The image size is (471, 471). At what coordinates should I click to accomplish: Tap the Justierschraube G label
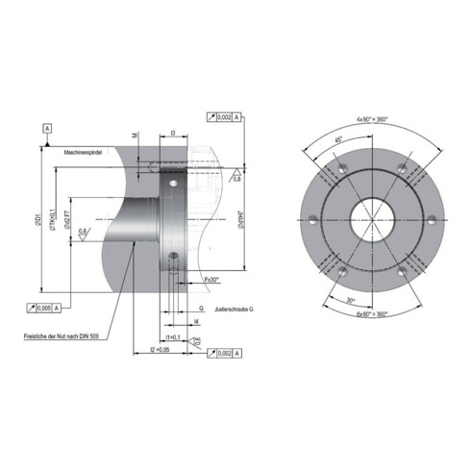[x=235, y=309]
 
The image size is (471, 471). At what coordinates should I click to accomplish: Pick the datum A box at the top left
[x=45, y=128]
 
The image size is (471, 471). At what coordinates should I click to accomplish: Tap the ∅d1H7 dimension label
[x=249, y=222]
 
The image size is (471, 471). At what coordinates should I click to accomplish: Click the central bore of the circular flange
[x=367, y=214]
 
